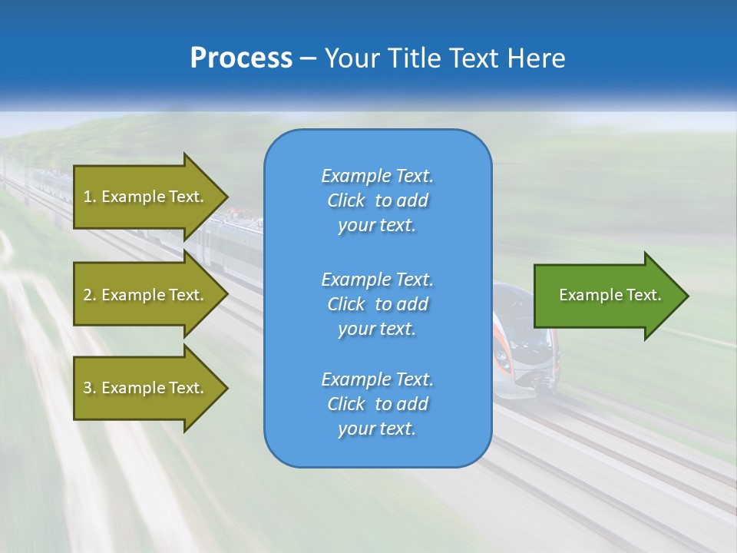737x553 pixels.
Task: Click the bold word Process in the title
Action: (241, 58)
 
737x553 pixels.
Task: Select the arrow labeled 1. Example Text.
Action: (146, 197)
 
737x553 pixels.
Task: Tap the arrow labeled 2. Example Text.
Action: (146, 295)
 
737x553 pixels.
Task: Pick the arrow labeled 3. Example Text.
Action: (146, 388)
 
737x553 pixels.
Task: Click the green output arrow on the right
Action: (606, 296)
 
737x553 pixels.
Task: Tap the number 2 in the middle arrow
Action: (88, 295)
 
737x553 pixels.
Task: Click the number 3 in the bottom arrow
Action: (88, 388)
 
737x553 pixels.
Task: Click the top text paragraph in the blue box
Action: (377, 200)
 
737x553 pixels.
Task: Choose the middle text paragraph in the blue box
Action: (377, 304)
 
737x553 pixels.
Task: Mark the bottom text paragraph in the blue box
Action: (377, 404)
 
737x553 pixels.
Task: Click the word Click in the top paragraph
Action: (346, 200)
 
